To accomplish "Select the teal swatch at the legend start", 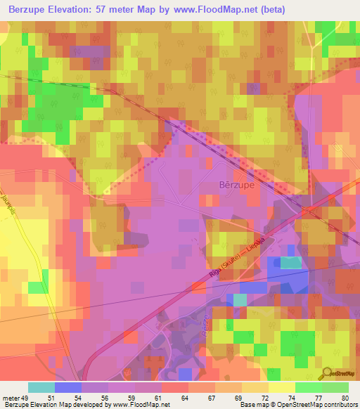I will point(41,387).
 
